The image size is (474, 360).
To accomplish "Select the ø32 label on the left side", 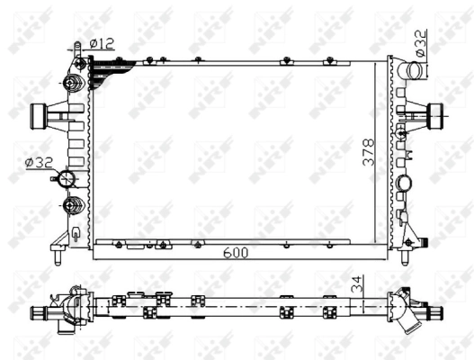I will (x=39, y=162).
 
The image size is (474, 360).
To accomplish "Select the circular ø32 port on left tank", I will (x=67, y=180).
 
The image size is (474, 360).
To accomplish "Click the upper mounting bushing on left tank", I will (x=72, y=86).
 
